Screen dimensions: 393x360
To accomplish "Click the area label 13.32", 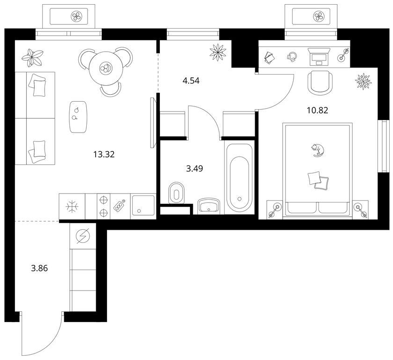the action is tap(104, 154).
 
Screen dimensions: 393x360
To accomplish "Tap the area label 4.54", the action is tap(191, 81).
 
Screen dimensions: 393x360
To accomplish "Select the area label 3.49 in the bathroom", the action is tap(195, 169).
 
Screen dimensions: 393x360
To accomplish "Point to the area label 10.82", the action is tap(317, 110).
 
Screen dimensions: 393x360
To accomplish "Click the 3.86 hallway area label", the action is tap(39, 268).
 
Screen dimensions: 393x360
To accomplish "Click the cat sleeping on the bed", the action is tap(317, 150).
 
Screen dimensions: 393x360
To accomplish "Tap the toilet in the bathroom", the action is tap(176, 193).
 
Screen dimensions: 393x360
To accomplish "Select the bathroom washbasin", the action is tap(209, 206).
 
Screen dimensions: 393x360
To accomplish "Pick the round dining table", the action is tap(105, 67).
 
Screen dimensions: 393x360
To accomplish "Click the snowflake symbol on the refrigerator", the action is tap(72, 206).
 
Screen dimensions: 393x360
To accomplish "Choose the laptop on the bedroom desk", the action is tap(319, 57).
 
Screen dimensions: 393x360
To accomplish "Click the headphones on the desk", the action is tap(292, 57).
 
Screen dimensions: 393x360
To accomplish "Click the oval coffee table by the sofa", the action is tap(78, 117).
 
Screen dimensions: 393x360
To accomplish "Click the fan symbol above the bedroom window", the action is tap(318, 16).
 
